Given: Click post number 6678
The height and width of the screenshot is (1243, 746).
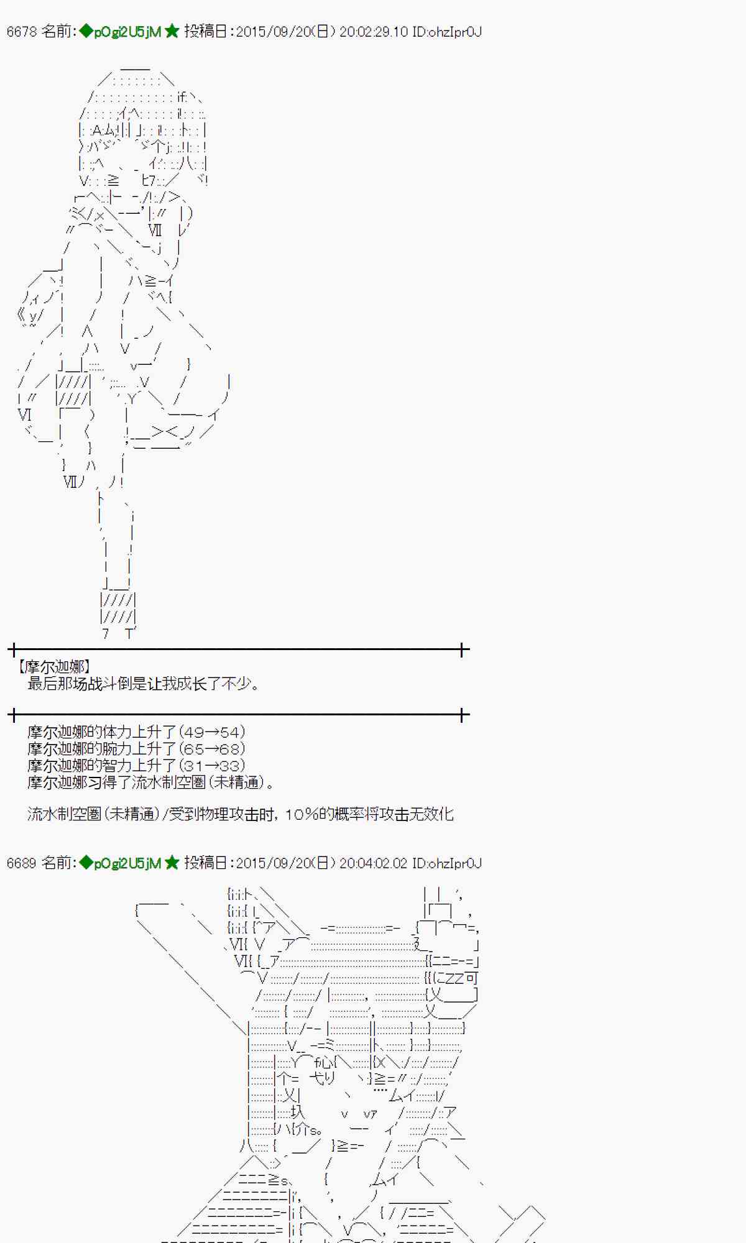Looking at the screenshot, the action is coord(22,32).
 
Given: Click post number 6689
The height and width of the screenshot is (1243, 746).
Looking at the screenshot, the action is coord(22,863).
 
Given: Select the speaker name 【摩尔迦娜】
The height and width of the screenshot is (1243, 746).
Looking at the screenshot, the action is coord(54,667).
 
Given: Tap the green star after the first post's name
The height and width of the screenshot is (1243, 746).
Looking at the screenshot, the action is coord(172,32).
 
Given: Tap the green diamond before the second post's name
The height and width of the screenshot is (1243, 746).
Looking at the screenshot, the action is coord(86,863).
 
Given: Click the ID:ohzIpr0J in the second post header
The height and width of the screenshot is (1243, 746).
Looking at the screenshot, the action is coord(446,863).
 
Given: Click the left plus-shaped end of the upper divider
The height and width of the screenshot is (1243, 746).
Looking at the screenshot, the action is coord(14,651).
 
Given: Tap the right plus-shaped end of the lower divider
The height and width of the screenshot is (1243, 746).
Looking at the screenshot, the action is coord(463,715).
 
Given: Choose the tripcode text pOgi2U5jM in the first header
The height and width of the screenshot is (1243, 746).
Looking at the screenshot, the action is coord(127,32).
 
